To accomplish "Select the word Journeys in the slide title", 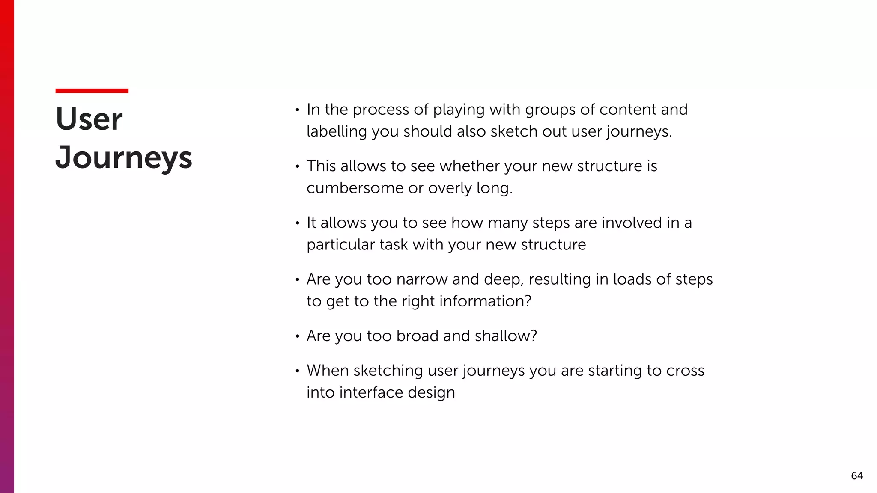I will [124, 158].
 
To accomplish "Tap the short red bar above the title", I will [92, 91].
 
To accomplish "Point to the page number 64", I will [857, 476].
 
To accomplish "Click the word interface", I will [365, 392].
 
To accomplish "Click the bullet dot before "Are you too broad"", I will [297, 337].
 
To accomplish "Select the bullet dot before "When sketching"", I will [297, 371].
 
